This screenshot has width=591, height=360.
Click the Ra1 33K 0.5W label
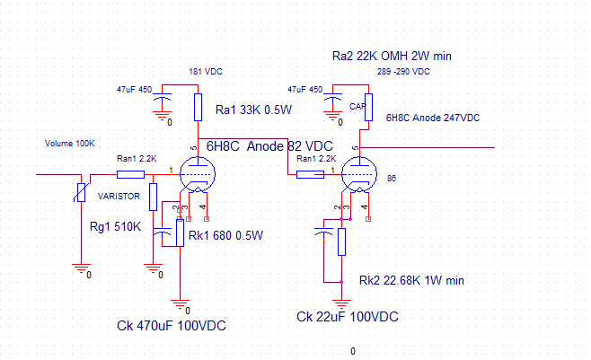[x=253, y=110]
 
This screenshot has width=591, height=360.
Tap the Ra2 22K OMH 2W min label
[x=392, y=56]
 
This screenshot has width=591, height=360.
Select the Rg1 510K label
[x=115, y=227]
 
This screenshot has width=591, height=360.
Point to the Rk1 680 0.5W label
[x=225, y=236]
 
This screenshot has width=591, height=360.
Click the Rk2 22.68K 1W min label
[x=411, y=280]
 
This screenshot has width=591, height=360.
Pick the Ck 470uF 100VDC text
[x=172, y=326]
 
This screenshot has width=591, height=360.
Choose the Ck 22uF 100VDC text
[x=347, y=317]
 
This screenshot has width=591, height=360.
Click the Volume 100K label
[x=70, y=144]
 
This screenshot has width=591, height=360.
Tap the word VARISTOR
[x=119, y=197]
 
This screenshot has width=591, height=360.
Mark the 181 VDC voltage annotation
[x=206, y=72]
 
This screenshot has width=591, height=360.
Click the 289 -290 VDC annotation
[x=403, y=72]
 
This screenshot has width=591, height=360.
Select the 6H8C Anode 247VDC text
[x=433, y=118]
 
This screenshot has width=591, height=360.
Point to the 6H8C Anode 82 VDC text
[x=269, y=146]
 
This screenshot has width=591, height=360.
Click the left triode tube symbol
[x=198, y=175]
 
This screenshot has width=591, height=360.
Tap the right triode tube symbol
[x=359, y=175]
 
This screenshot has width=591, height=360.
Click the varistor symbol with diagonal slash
[x=81, y=192]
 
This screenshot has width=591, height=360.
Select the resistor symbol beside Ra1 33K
[x=198, y=108]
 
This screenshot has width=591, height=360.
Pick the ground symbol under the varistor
[x=81, y=268]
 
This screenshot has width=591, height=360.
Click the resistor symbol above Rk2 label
[x=341, y=242]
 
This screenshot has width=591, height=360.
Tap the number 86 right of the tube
[x=392, y=179]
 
